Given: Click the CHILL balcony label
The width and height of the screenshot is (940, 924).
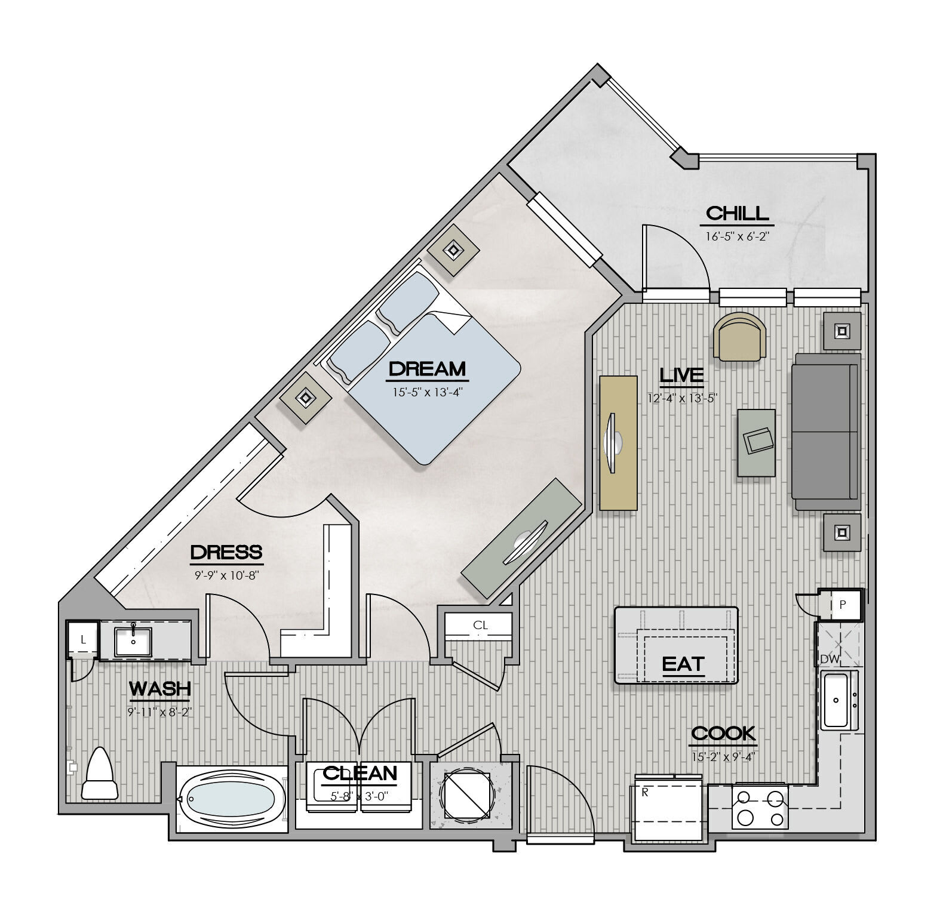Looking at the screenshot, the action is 737,214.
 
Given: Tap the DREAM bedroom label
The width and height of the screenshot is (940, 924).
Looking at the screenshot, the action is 427,369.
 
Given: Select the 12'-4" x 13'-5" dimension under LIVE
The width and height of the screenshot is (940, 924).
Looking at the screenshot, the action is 681,398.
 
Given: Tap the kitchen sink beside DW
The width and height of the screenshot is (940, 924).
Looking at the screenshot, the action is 839,700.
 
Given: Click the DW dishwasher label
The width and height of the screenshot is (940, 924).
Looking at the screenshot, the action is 830,659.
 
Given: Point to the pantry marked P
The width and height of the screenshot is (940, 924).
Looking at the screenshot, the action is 842,605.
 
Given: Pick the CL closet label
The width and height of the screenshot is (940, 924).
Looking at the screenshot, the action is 480,626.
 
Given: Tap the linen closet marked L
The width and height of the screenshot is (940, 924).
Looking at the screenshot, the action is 83,639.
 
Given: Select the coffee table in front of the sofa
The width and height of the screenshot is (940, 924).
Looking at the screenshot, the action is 756,442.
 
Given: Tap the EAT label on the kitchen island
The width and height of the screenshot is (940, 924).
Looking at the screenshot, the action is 683,664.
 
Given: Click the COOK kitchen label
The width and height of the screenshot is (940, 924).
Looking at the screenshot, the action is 723,733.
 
